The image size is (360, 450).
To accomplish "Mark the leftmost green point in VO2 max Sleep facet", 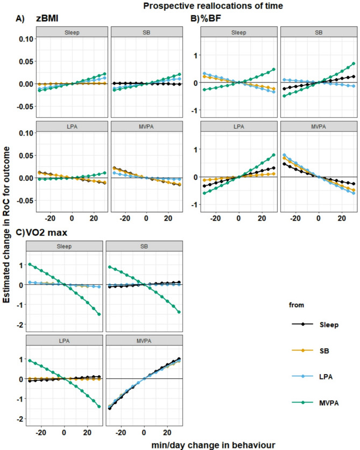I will [x=30, y=264].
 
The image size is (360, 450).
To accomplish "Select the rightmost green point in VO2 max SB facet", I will [x=180, y=312].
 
